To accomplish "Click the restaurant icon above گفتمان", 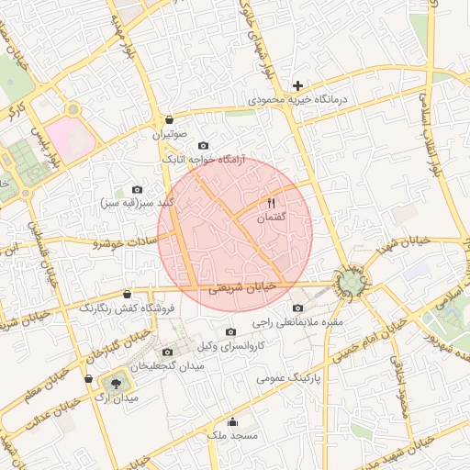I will point(271,203).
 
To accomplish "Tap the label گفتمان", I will point(271,218).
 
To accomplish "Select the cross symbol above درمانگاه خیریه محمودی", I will point(297,85).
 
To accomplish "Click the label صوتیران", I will point(172,134).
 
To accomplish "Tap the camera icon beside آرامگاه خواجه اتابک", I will point(203,146).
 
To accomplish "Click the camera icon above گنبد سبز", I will point(138,189).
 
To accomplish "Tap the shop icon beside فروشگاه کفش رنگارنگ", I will point(127,294).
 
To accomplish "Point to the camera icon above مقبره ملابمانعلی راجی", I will point(297,308).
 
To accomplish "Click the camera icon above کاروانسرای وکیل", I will point(230,331).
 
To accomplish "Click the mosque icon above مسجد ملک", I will point(232,422).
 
